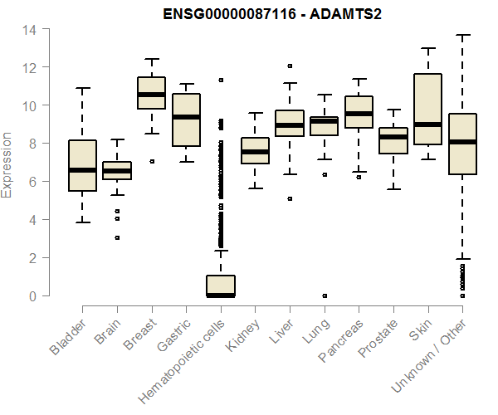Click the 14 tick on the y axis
tap(30, 29)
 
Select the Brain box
tap(116, 170)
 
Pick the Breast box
tap(151, 93)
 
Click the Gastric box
tap(186, 120)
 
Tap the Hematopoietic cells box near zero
tap(221, 286)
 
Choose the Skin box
tap(428, 110)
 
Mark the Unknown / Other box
tap(462, 144)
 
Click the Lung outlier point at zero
tap(325, 295)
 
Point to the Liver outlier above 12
tap(290, 66)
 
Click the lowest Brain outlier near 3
tap(117, 237)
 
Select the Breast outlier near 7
tap(152, 161)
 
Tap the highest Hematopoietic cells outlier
tap(221, 81)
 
